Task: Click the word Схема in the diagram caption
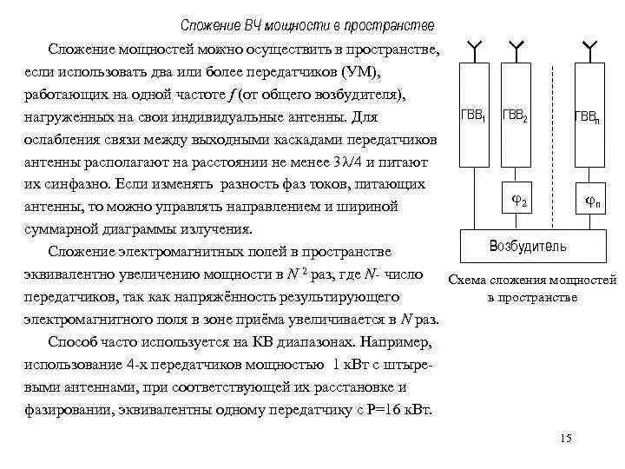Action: click(468, 281)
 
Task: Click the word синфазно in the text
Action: click(97, 184)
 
